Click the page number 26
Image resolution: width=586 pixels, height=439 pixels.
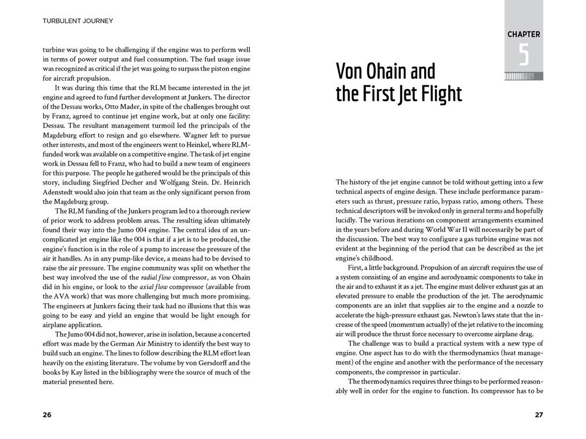pyautogui.click(x=47, y=415)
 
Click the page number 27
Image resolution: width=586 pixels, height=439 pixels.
pyautogui.click(x=539, y=415)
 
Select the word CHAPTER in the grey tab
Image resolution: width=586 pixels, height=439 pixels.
pyautogui.click(x=523, y=35)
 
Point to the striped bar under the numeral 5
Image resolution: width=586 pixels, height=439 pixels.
pyautogui.click(x=523, y=76)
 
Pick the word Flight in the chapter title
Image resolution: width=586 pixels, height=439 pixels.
pyautogui.click(x=437, y=94)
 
